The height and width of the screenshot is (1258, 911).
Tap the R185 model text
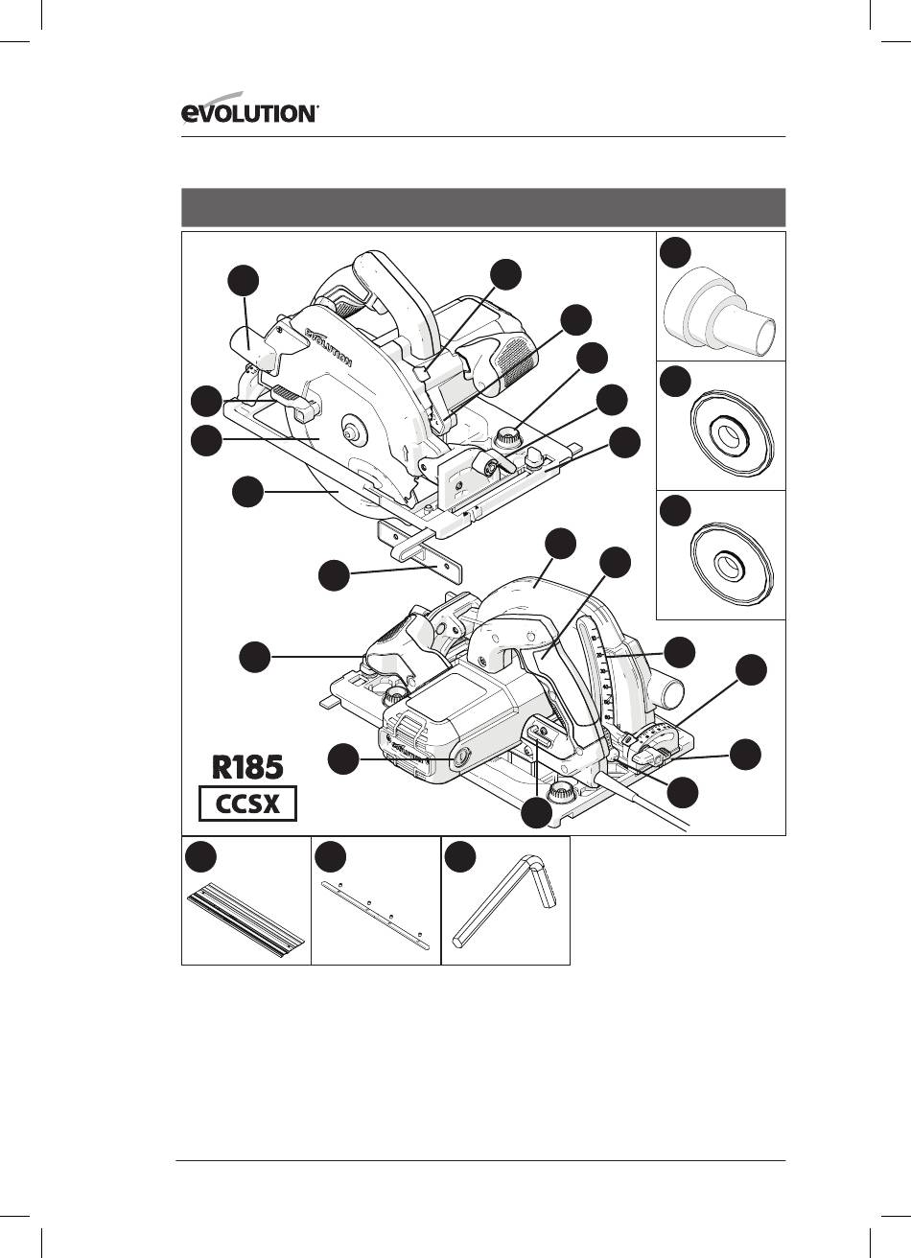[247, 767]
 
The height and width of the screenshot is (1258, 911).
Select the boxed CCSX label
[247, 804]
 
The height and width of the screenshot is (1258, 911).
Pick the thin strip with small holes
[376, 915]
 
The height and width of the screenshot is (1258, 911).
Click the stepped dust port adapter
[719, 313]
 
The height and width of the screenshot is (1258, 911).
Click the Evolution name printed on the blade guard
[328, 346]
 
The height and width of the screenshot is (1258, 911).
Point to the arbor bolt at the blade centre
[352, 431]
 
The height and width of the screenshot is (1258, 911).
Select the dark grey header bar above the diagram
[483, 207]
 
